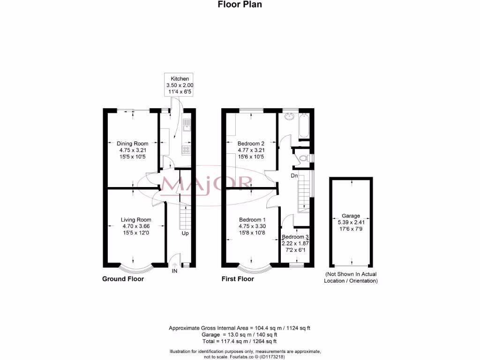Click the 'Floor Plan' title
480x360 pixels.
(x=240, y=5)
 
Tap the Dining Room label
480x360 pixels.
(x=133, y=143)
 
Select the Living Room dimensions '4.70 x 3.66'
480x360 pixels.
(x=136, y=226)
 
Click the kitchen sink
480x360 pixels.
(x=187, y=124)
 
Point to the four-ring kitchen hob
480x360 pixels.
(x=186, y=150)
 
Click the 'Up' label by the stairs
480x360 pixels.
(x=185, y=233)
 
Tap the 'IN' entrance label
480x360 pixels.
(x=174, y=271)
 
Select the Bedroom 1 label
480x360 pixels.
(x=252, y=220)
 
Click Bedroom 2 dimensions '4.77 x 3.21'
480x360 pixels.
(x=251, y=150)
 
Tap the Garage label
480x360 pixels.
(x=351, y=216)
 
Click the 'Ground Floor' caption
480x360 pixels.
(x=123, y=279)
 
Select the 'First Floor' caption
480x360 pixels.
(x=238, y=279)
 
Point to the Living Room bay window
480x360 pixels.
(x=136, y=269)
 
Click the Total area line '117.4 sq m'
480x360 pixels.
(x=239, y=342)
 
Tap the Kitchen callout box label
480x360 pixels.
(x=180, y=79)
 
